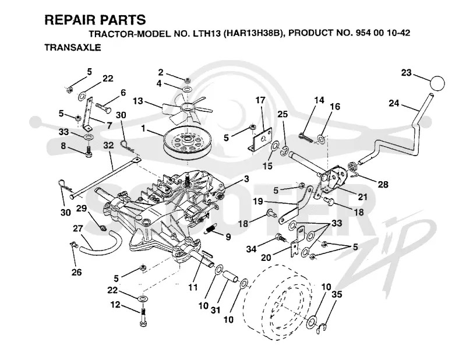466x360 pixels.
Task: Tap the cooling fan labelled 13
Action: [x=186, y=108]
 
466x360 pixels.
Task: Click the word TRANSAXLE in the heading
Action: [x=72, y=47]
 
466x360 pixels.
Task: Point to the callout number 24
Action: [x=394, y=103]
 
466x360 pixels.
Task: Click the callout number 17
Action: [x=260, y=100]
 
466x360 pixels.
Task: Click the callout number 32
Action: [x=108, y=146]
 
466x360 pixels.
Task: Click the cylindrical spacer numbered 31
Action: [x=230, y=277]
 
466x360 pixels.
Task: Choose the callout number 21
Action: [x=362, y=196]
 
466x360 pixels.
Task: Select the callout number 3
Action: [x=246, y=179]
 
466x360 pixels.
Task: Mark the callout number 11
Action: [x=193, y=287]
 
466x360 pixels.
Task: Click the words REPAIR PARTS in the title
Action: [x=95, y=20]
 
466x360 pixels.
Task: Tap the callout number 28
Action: [x=383, y=185]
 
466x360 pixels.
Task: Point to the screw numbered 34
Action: [x=281, y=238]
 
